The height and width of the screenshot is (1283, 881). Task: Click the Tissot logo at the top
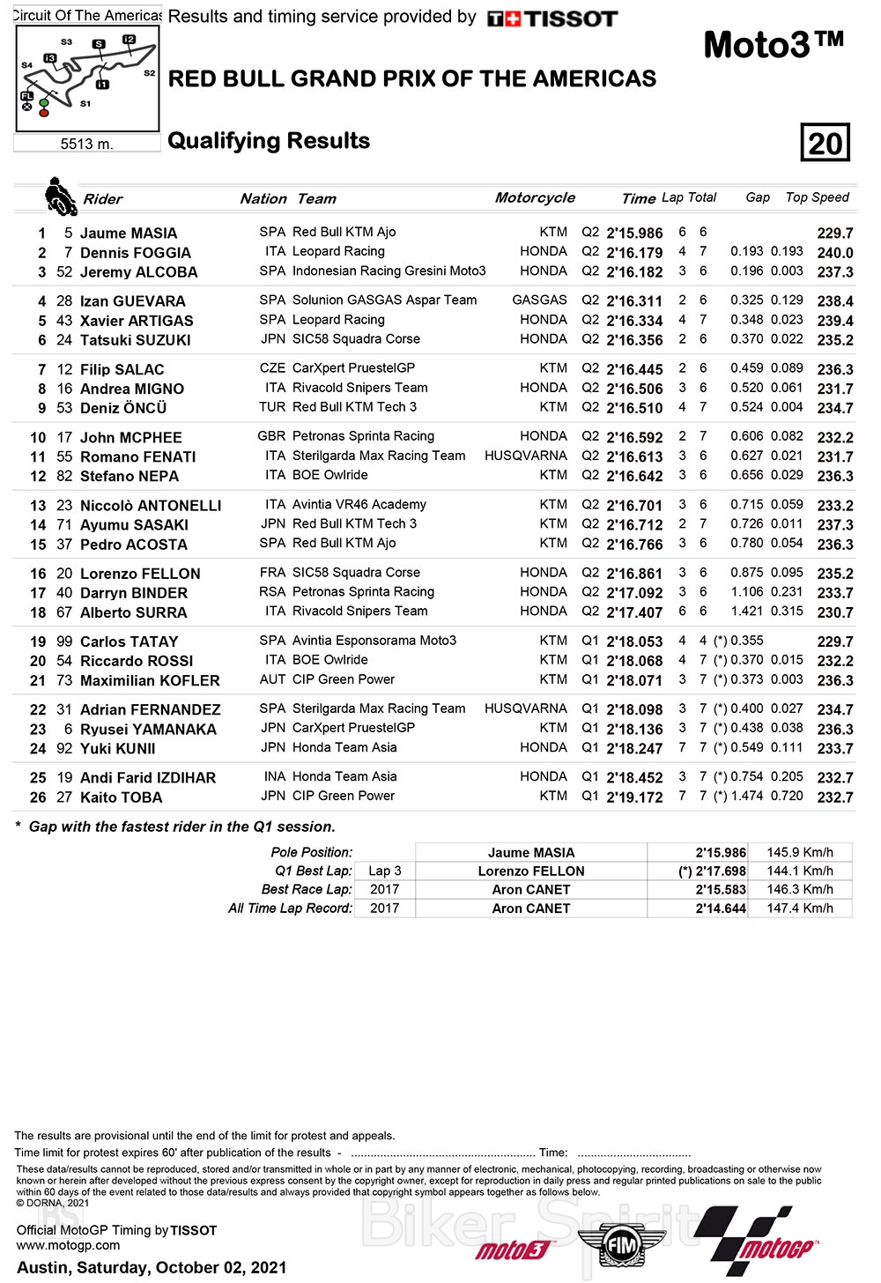tap(552, 19)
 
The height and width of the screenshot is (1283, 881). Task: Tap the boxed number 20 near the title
tap(825, 143)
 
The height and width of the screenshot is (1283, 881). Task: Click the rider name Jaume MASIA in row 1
tap(129, 234)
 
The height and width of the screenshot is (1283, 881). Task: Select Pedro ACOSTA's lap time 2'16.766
tap(634, 545)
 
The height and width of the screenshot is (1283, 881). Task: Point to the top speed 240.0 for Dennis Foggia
tap(834, 253)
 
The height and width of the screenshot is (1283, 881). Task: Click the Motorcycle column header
tap(535, 198)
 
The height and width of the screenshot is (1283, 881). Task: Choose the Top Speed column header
tap(817, 197)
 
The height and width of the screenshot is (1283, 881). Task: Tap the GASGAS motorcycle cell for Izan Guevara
tap(539, 300)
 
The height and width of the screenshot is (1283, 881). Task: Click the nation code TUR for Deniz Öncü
tap(272, 407)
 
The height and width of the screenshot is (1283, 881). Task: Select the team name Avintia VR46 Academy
tap(359, 505)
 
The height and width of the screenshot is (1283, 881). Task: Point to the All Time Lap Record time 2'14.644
tap(721, 908)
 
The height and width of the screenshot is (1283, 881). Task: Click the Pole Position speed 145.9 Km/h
tap(800, 852)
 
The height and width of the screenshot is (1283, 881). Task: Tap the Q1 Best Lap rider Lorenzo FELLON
tap(531, 871)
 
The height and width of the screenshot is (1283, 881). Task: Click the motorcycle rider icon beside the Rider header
tap(60, 197)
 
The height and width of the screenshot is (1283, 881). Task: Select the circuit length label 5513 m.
tap(86, 144)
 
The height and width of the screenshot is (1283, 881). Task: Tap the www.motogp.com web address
tap(68, 1246)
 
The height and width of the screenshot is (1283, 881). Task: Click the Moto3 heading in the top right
tap(774, 44)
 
